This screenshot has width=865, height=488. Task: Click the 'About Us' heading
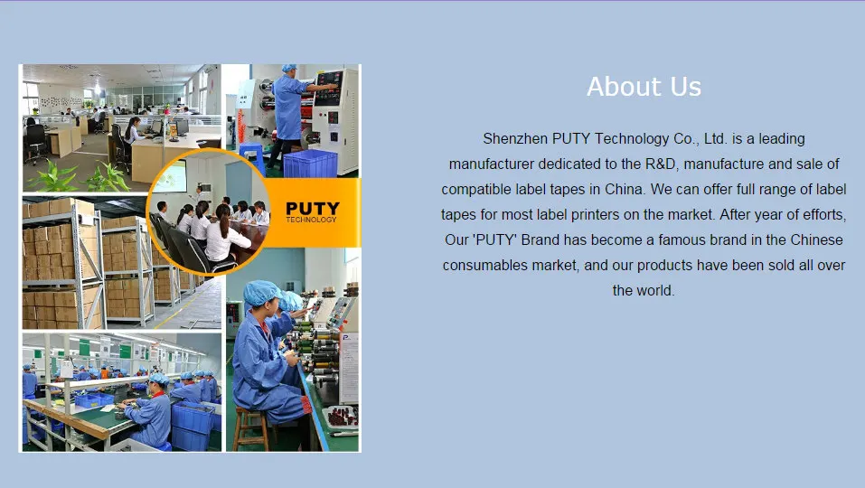[644, 87]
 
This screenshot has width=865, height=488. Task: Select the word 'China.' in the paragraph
[625, 189]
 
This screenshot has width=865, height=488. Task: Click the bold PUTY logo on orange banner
[312, 209]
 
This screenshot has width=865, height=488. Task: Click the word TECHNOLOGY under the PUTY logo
[311, 220]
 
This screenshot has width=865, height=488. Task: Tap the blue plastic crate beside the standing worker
[309, 164]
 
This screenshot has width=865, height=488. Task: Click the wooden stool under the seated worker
[251, 429]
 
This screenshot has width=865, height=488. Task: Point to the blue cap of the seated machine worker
[261, 292]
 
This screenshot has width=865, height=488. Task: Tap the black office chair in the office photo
[35, 142]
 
